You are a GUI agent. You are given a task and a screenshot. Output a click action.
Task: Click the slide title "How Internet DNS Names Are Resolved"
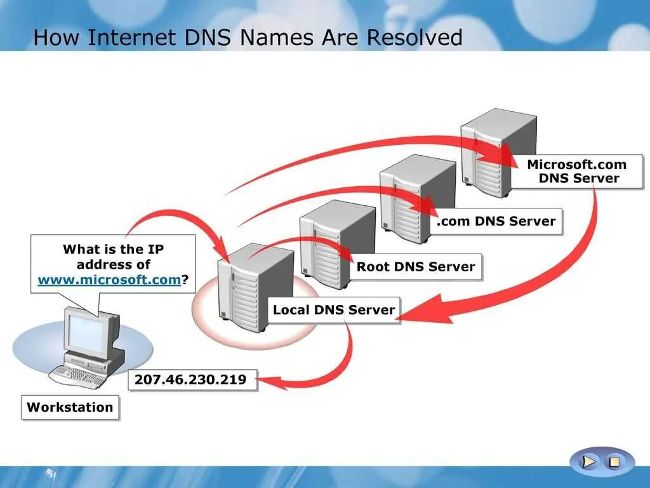[x=248, y=37]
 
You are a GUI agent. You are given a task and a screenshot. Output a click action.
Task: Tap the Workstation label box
[x=70, y=407]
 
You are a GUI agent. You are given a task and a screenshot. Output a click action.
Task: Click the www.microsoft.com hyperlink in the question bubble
[x=109, y=280]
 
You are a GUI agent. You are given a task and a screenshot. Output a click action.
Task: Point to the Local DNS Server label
[x=333, y=310]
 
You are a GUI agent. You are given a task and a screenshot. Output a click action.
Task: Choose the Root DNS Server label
[x=415, y=267]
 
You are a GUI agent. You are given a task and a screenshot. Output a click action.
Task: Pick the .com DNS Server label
[x=496, y=221]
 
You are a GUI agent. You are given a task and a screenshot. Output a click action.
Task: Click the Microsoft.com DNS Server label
[x=576, y=172]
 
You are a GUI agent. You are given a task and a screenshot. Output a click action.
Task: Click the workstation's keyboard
[x=77, y=377]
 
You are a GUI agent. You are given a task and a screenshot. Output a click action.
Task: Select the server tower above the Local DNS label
[x=254, y=286]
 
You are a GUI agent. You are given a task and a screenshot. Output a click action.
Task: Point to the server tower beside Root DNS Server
[x=336, y=241]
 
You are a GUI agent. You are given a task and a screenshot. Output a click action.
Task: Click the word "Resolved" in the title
[x=415, y=37]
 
